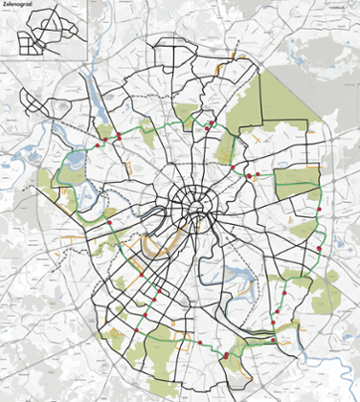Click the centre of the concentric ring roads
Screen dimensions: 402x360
click(194, 201)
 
